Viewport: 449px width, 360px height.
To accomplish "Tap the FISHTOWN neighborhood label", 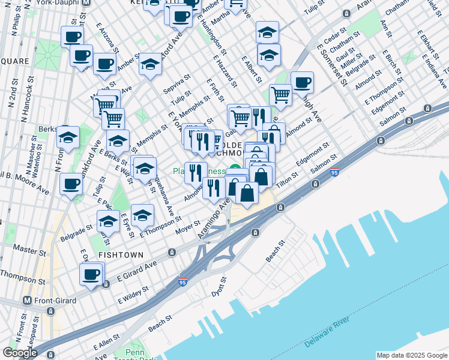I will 121,255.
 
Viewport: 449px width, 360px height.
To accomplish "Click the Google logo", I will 20,353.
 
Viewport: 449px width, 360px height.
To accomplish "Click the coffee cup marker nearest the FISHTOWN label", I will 91,274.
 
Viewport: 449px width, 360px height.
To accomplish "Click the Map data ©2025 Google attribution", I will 412,355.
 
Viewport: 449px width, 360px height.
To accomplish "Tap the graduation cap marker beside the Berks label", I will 68,137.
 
